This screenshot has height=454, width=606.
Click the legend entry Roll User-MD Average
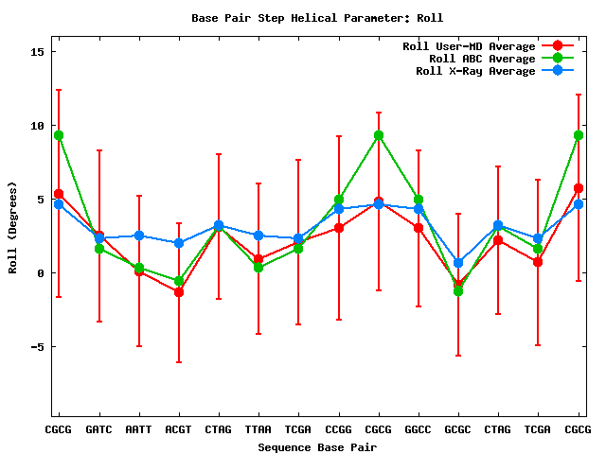click(x=469, y=46)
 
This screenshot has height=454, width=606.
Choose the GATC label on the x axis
click(x=98, y=429)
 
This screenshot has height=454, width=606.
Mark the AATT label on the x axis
click(x=138, y=429)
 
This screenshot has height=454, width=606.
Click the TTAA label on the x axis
click(x=258, y=429)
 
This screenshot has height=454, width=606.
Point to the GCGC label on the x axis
click(x=458, y=429)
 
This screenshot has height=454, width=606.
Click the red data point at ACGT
click(x=179, y=292)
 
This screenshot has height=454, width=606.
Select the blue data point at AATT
click(x=139, y=236)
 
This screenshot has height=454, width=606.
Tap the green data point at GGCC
click(x=419, y=200)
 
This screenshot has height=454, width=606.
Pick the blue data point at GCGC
click(x=458, y=263)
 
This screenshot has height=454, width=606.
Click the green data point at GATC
click(x=99, y=249)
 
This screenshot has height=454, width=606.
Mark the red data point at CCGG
click(x=339, y=228)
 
